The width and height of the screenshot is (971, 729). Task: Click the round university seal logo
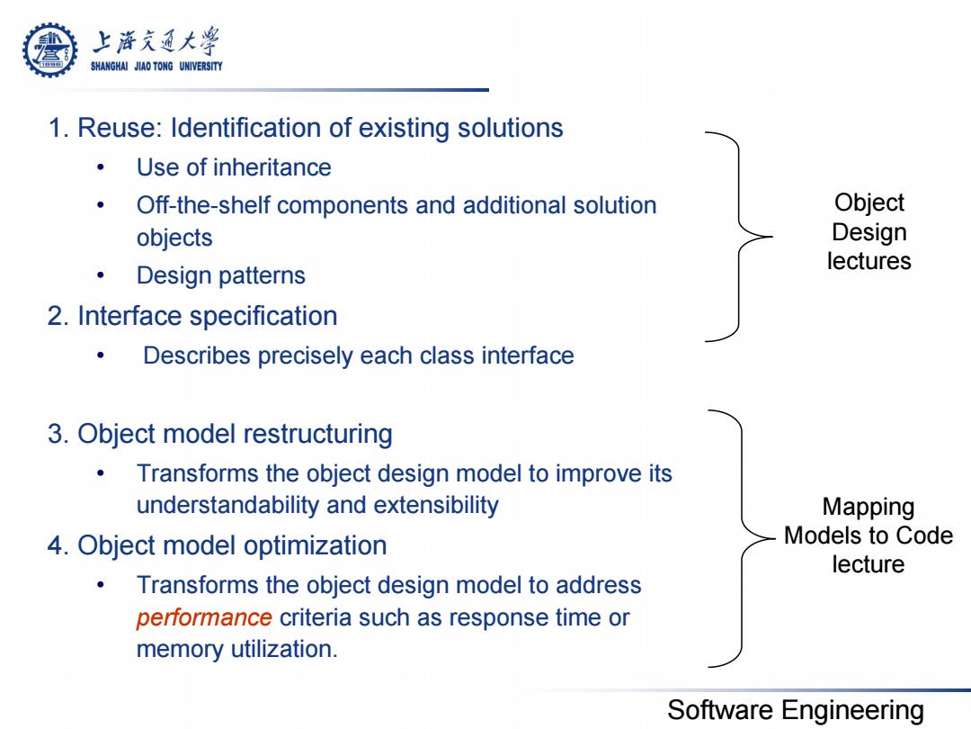[x=50, y=50]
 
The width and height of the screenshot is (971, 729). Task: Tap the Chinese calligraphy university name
[x=156, y=41]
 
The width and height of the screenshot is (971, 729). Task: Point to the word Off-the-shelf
[x=203, y=205]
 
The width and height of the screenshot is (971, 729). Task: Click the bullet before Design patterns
[x=101, y=275]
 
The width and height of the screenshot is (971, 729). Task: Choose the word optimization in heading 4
[x=316, y=545]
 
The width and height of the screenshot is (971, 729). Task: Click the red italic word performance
[x=204, y=618]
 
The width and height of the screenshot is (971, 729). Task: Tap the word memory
[x=180, y=650]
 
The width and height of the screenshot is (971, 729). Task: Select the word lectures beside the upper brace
[x=869, y=261]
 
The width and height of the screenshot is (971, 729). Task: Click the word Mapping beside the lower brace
[x=869, y=507]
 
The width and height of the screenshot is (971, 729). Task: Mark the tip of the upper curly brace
[x=771, y=236]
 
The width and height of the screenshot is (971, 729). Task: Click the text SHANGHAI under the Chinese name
[x=109, y=67]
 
